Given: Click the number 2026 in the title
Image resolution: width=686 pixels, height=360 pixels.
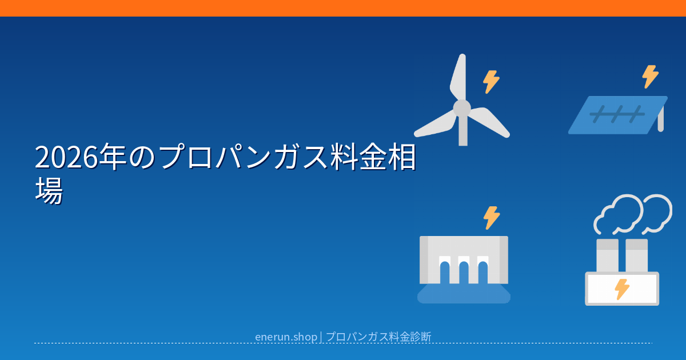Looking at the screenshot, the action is point(66,157).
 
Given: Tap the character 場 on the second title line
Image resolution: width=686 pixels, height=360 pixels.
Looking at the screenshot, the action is point(49,190).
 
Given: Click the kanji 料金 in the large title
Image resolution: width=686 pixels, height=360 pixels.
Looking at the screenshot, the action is point(358,157).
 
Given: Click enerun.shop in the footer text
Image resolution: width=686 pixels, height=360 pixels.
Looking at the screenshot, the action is point(286,337).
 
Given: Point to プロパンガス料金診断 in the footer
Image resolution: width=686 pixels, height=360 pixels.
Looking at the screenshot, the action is point(378,337).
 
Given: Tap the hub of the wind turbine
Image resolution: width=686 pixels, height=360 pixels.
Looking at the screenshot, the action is point(462,108).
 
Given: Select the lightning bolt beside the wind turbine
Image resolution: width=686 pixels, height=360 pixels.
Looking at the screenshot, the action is point(491,82).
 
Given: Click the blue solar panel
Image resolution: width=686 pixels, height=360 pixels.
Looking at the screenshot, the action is point(617,115).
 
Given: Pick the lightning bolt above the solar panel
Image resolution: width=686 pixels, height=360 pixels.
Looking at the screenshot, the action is point(650,77).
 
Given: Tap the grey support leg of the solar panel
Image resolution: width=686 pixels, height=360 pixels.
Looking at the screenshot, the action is point(661,119).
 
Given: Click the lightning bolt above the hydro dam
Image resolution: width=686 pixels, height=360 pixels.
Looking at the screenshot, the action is point(492,218).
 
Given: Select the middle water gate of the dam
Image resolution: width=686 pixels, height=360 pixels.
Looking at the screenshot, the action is point(464,270).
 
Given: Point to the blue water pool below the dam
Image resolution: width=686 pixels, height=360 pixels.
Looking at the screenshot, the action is point(464,294).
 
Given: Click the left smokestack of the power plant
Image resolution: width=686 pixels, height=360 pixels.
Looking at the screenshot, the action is point(608,255).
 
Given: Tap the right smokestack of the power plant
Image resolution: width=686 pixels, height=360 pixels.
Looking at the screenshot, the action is point(636,255).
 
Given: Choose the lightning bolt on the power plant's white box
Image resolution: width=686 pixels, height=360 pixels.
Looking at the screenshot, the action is point(622,289).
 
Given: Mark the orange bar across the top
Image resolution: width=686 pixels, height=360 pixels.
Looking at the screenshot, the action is point(343,8).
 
